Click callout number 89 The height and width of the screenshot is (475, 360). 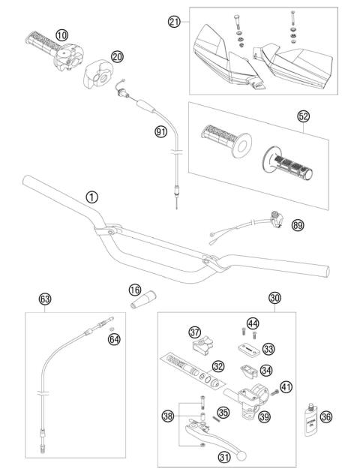coord(298,224)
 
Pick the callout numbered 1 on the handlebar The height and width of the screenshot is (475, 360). coord(91,197)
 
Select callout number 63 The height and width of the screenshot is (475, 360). coord(45,299)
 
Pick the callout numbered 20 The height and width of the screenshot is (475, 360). coord(116,56)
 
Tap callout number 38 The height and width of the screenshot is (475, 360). coord(167,414)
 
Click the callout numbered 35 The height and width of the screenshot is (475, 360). coord(223,411)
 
